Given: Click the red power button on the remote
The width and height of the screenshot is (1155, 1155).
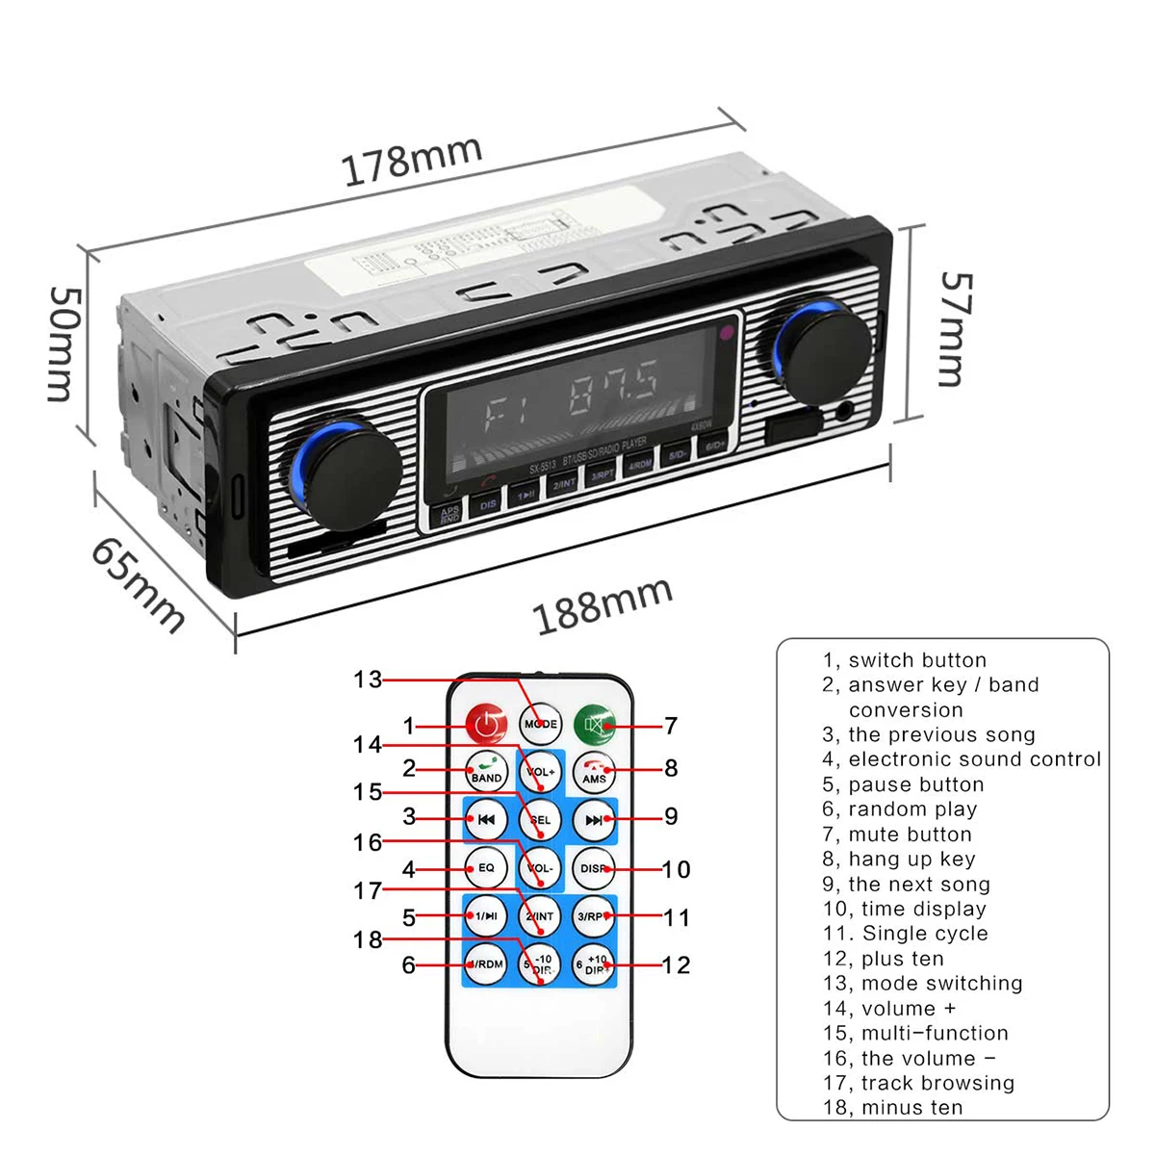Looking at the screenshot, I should (x=487, y=724).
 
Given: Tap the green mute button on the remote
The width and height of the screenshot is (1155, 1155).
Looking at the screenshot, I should (x=594, y=724).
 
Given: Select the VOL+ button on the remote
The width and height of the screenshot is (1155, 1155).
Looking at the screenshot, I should (x=540, y=771).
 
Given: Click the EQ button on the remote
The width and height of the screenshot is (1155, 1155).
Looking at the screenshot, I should (x=486, y=867).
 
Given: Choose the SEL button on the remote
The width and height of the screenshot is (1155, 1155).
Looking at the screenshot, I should (x=540, y=820).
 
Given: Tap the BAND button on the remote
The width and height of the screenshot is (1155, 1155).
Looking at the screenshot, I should (x=486, y=771).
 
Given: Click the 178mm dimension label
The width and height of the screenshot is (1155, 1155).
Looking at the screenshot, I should (x=412, y=160).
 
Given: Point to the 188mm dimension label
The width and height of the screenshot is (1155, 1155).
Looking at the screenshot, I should (x=602, y=605).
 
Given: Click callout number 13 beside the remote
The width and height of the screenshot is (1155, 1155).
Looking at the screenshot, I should (x=367, y=680).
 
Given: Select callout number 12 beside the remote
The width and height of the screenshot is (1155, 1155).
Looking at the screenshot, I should (x=676, y=964).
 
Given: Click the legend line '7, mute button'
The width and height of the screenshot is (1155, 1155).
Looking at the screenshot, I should (x=897, y=834).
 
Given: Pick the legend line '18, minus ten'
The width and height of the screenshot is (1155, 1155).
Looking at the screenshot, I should (x=892, y=1108).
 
